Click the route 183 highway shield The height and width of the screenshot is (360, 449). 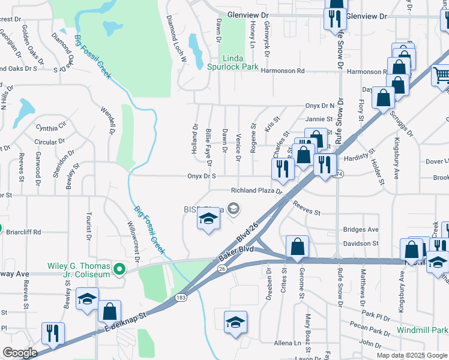[180, 297]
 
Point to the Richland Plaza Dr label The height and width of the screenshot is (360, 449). [257, 191]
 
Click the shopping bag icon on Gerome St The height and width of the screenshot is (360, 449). [297, 246]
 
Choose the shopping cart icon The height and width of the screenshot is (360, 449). [441, 76]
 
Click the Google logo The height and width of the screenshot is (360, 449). [20, 353]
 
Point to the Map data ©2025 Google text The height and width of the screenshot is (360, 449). [412, 355]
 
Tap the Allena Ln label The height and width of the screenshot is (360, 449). [287, 342]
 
